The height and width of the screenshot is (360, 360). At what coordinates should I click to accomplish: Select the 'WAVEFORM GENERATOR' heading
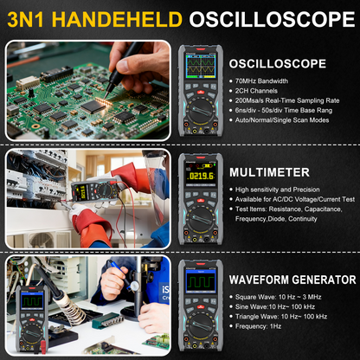(292, 280)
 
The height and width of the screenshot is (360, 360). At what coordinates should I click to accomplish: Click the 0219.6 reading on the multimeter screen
(201, 177)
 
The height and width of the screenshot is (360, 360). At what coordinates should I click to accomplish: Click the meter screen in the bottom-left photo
(33, 302)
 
